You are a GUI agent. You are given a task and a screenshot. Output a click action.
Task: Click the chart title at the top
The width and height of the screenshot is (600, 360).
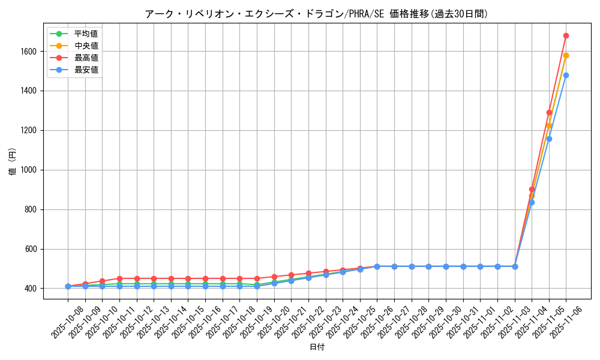tap(317, 14)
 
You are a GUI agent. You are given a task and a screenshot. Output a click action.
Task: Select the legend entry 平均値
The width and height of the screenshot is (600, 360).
tap(86, 34)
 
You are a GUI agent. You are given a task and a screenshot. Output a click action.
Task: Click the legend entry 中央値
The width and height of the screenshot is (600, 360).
tap(86, 46)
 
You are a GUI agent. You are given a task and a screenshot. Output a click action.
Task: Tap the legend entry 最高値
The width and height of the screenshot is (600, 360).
tap(86, 58)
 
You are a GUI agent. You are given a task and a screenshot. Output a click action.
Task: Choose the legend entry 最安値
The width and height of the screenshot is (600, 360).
tap(86, 70)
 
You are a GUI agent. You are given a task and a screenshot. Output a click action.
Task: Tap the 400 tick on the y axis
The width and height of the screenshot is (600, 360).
tap(31, 289)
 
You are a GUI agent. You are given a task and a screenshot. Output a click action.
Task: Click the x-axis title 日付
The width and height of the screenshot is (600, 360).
tap(317, 347)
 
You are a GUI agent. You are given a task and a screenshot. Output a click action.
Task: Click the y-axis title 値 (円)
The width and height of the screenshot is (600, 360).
tap(13, 163)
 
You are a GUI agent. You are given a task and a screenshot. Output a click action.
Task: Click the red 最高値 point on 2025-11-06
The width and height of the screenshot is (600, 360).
tap(566, 35)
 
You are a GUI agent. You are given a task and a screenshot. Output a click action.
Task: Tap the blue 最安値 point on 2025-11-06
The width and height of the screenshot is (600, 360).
tap(566, 75)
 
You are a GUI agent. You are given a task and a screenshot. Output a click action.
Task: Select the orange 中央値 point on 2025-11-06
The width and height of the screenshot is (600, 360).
tap(566, 55)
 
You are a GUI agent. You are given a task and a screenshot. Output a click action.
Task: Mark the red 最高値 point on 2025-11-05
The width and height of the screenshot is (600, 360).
tap(549, 112)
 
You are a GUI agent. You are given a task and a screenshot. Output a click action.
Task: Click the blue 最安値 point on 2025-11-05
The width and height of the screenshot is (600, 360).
tap(549, 139)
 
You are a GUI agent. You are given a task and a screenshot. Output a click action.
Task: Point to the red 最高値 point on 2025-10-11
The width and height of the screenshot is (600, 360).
tap(119, 278)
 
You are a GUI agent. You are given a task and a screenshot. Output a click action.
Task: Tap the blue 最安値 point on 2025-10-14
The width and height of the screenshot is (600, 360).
tap(171, 286)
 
